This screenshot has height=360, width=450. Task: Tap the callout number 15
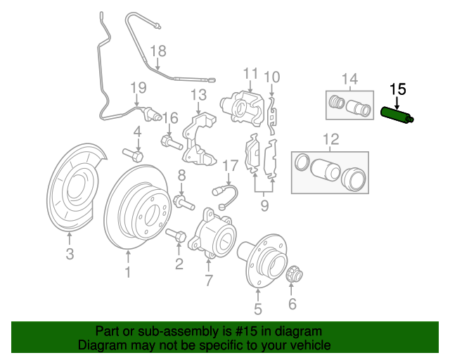398,89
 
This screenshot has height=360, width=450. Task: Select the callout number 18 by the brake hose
158,51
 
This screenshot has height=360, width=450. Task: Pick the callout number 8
181,176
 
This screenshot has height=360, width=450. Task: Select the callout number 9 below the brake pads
264,206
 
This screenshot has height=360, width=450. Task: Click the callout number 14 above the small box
350,78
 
